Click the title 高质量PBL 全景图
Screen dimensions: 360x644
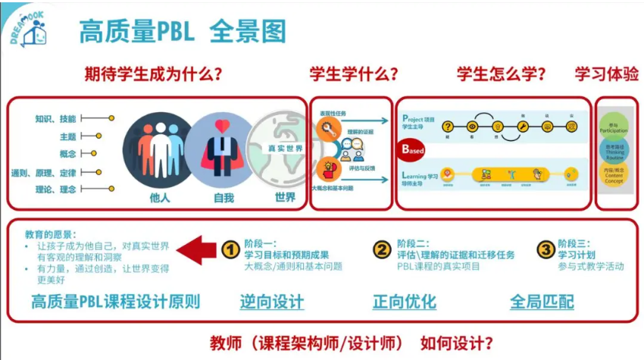183,31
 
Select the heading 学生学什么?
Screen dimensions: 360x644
355,74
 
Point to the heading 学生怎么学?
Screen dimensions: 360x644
502,74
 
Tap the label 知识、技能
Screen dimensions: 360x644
55,119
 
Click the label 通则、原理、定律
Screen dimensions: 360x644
43,171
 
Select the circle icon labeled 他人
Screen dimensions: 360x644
156,148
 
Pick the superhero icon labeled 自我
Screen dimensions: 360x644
220,148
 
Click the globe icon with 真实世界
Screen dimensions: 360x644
280,148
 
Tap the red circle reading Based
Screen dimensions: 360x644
414,149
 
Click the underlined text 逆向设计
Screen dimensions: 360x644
272,302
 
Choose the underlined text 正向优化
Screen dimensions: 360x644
405,302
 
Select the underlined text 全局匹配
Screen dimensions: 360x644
542,302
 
